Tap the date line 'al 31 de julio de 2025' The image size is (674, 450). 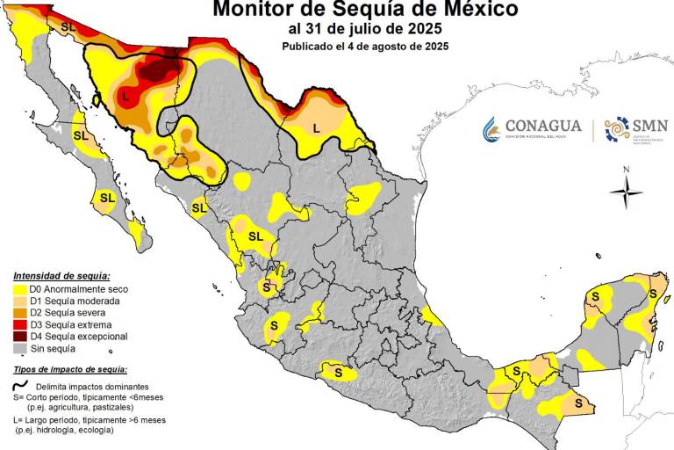(365, 29)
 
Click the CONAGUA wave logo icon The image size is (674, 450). (491, 129)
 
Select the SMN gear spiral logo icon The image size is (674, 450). (618, 129)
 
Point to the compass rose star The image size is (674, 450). (626, 191)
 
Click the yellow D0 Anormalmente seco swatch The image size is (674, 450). (18, 289)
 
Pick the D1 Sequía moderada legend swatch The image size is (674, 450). (18, 301)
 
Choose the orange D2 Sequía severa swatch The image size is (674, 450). (18, 313)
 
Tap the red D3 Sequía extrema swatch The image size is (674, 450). (18, 324)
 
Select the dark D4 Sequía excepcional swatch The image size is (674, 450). (18, 337)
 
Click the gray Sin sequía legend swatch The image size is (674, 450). (18, 348)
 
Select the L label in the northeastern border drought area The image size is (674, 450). (316, 127)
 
